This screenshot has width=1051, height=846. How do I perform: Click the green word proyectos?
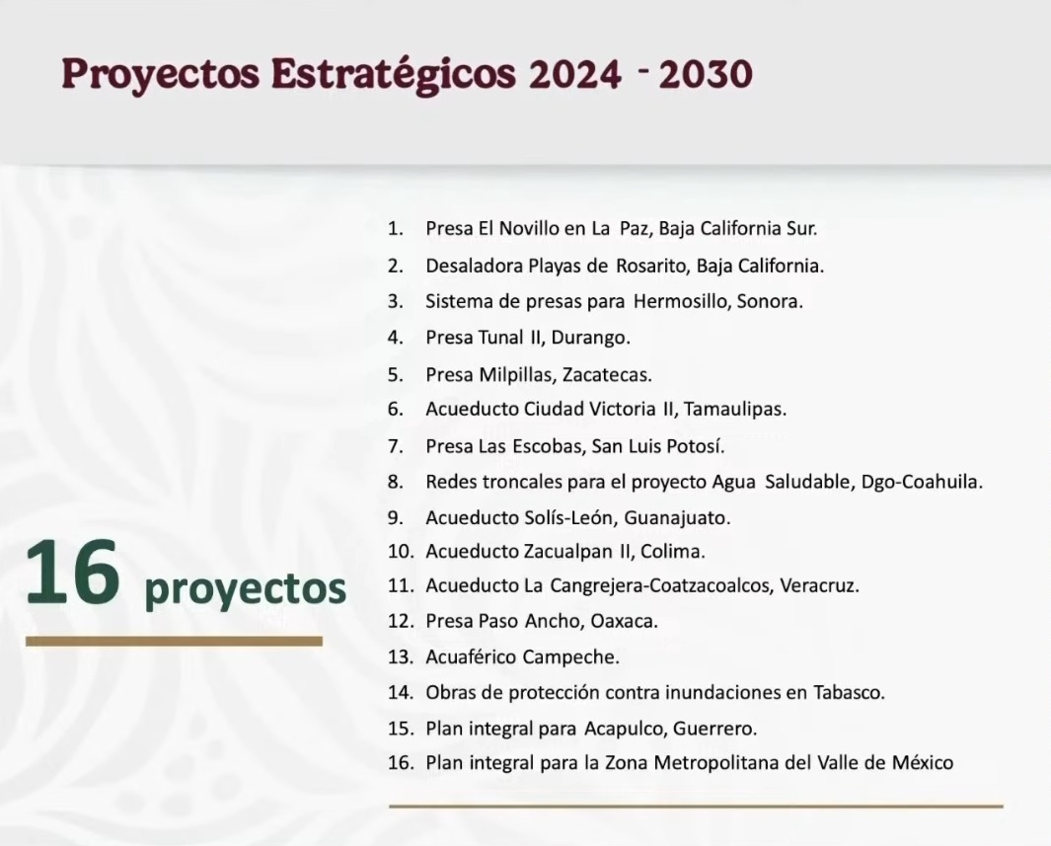click(x=245, y=589)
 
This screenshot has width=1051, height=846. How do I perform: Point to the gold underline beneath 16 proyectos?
click(x=174, y=642)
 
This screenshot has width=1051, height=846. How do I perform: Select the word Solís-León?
click(x=565, y=517)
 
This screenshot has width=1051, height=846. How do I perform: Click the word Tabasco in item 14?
click(x=849, y=692)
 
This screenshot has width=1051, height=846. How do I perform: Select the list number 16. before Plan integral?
click(x=402, y=763)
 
